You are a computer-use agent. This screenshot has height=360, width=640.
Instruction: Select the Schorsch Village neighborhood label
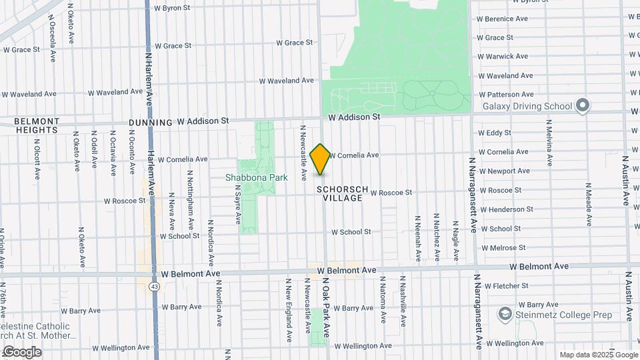coord(343,194)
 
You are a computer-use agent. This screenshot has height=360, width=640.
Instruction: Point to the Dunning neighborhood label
coord(150,122)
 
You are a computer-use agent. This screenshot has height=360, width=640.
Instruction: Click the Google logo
coord(22,351)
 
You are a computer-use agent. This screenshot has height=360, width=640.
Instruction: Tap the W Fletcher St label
coord(507,285)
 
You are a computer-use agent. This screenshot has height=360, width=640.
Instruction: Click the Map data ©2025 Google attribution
coord(598,355)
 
